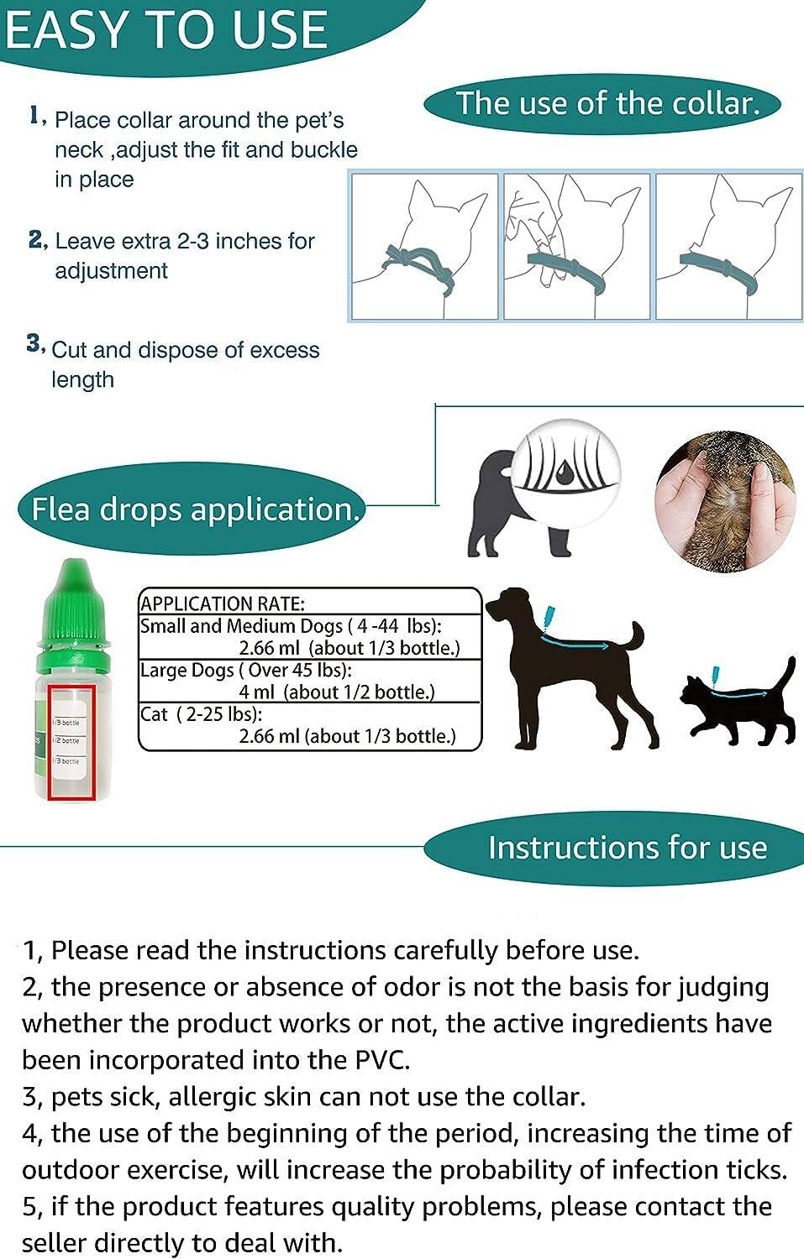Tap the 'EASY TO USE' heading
point(166,30)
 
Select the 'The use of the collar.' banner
point(606,104)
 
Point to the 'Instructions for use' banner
point(627,848)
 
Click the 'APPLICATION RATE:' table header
point(223,603)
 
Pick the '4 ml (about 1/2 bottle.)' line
point(336,692)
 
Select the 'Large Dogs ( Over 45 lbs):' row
point(245,671)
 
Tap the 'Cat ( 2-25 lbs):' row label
point(201,714)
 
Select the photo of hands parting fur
point(725,502)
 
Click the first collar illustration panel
point(424,247)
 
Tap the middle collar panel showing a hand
point(576,247)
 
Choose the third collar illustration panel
point(728,247)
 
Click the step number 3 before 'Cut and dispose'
point(34,343)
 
